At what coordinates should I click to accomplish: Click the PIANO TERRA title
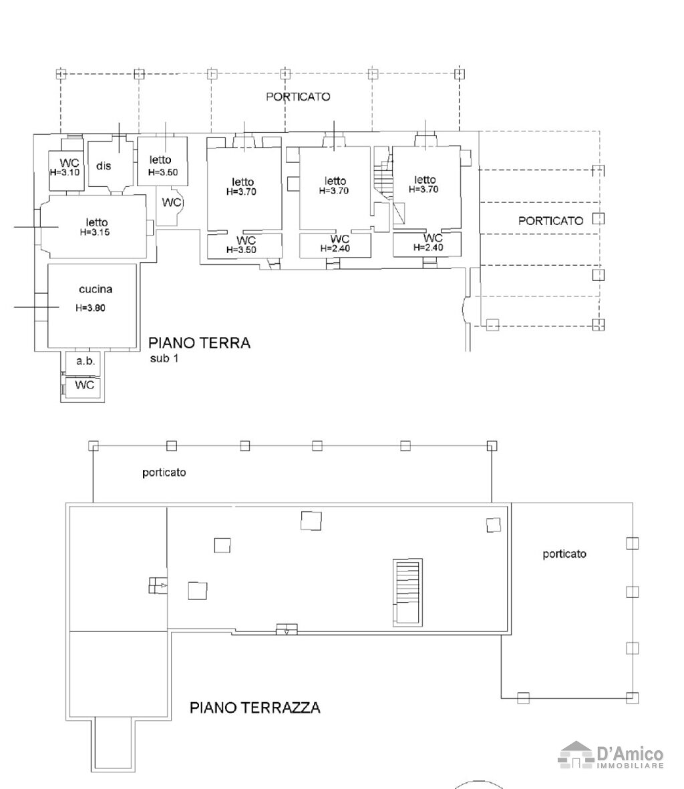point(199,342)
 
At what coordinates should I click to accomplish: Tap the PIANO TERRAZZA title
point(255,708)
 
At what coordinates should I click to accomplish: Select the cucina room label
point(96,289)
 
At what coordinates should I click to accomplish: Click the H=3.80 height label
point(91,308)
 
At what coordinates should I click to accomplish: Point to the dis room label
point(104,166)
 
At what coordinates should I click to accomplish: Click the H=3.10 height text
point(65,172)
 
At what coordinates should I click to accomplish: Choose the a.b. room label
point(85,360)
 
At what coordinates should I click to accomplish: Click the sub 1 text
point(164,358)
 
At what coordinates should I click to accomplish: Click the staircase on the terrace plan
point(407,592)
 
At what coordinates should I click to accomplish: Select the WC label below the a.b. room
point(84,385)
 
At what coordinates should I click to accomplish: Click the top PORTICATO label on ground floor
point(298,97)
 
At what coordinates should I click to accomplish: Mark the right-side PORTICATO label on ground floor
point(550,220)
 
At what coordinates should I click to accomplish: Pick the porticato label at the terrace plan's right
point(564,554)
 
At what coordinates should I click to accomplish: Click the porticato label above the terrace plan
point(164,473)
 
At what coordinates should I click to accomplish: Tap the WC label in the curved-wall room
point(172,202)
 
